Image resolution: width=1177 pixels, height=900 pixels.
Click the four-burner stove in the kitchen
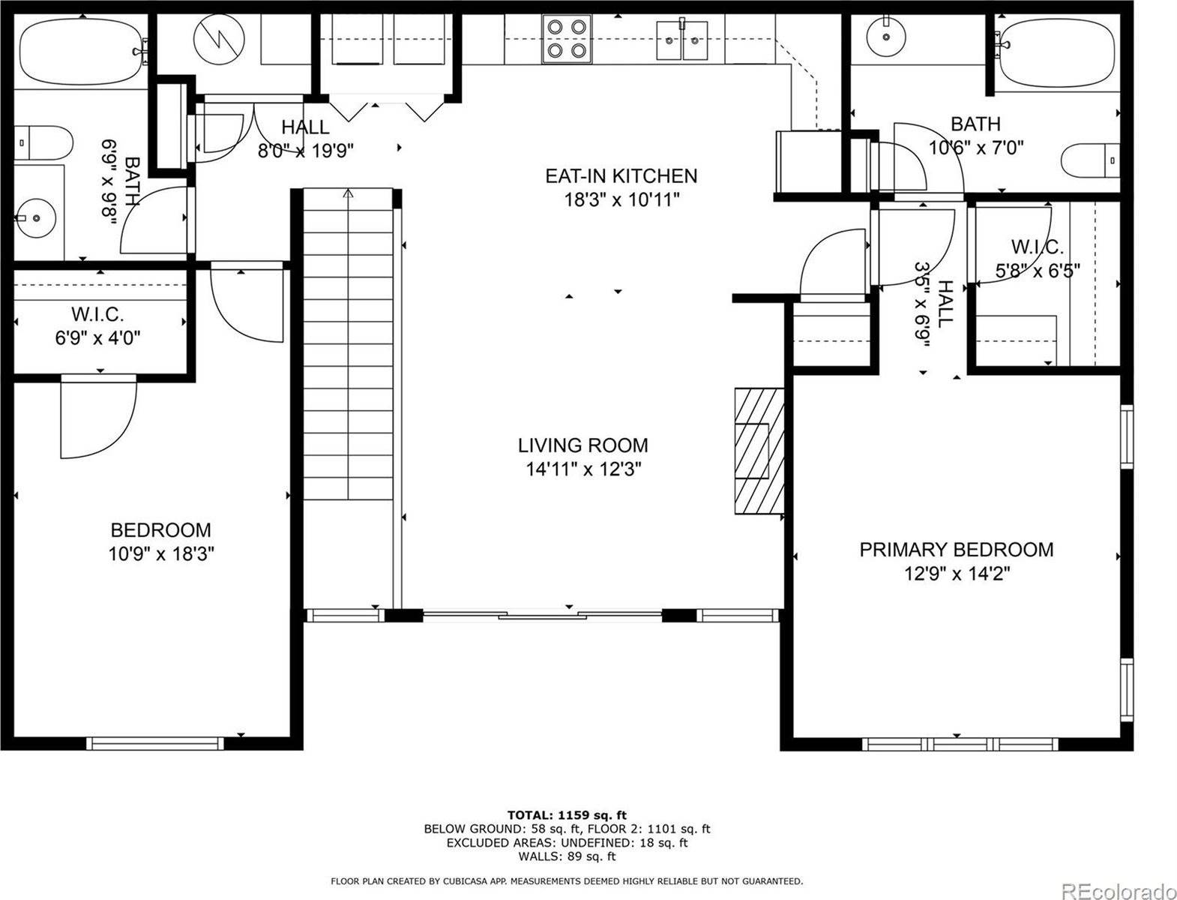point(567,39)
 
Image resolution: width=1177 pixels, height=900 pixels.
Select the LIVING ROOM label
point(583,445)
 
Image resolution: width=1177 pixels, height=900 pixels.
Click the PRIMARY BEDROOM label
point(957,550)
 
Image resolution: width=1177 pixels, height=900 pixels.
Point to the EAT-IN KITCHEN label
point(621,176)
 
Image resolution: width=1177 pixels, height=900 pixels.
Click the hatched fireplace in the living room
point(759,451)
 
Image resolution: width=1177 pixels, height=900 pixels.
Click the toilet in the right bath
point(1091,161)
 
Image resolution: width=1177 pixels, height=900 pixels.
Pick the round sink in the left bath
point(35,218)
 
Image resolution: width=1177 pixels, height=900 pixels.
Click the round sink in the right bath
point(886,37)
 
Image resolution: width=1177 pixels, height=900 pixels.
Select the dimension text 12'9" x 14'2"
point(957,574)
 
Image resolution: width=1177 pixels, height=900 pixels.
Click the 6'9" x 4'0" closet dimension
point(98,338)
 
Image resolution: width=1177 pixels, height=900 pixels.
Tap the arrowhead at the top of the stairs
point(349,193)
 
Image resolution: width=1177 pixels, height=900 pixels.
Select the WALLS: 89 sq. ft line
point(567,856)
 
